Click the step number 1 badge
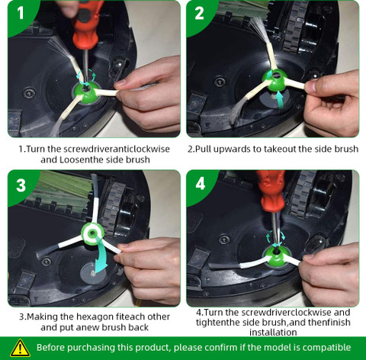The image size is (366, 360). pyautogui.click(x=21, y=13)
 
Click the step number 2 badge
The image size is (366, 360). pyautogui.click(x=199, y=13)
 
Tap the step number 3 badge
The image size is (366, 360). pyautogui.click(x=21, y=185)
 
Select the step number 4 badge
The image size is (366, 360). pyautogui.click(x=201, y=184)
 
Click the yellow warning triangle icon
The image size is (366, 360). pyautogui.click(x=20, y=348)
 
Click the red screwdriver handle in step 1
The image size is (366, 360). pyautogui.click(x=86, y=24)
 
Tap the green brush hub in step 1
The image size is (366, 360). pyautogui.click(x=86, y=94)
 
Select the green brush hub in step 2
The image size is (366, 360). pyautogui.click(x=274, y=81)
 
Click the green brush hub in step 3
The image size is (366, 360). pyautogui.click(x=92, y=233)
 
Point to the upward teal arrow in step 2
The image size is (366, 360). pyautogui.click(x=280, y=99)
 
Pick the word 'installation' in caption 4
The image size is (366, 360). pyautogui.click(x=273, y=333)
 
